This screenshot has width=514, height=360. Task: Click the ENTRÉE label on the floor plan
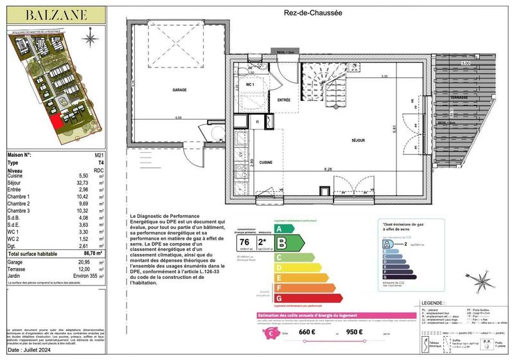click(x=284, y=100)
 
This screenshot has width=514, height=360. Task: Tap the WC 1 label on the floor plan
click(x=250, y=84)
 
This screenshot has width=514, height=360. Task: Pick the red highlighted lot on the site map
click(x=57, y=120)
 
